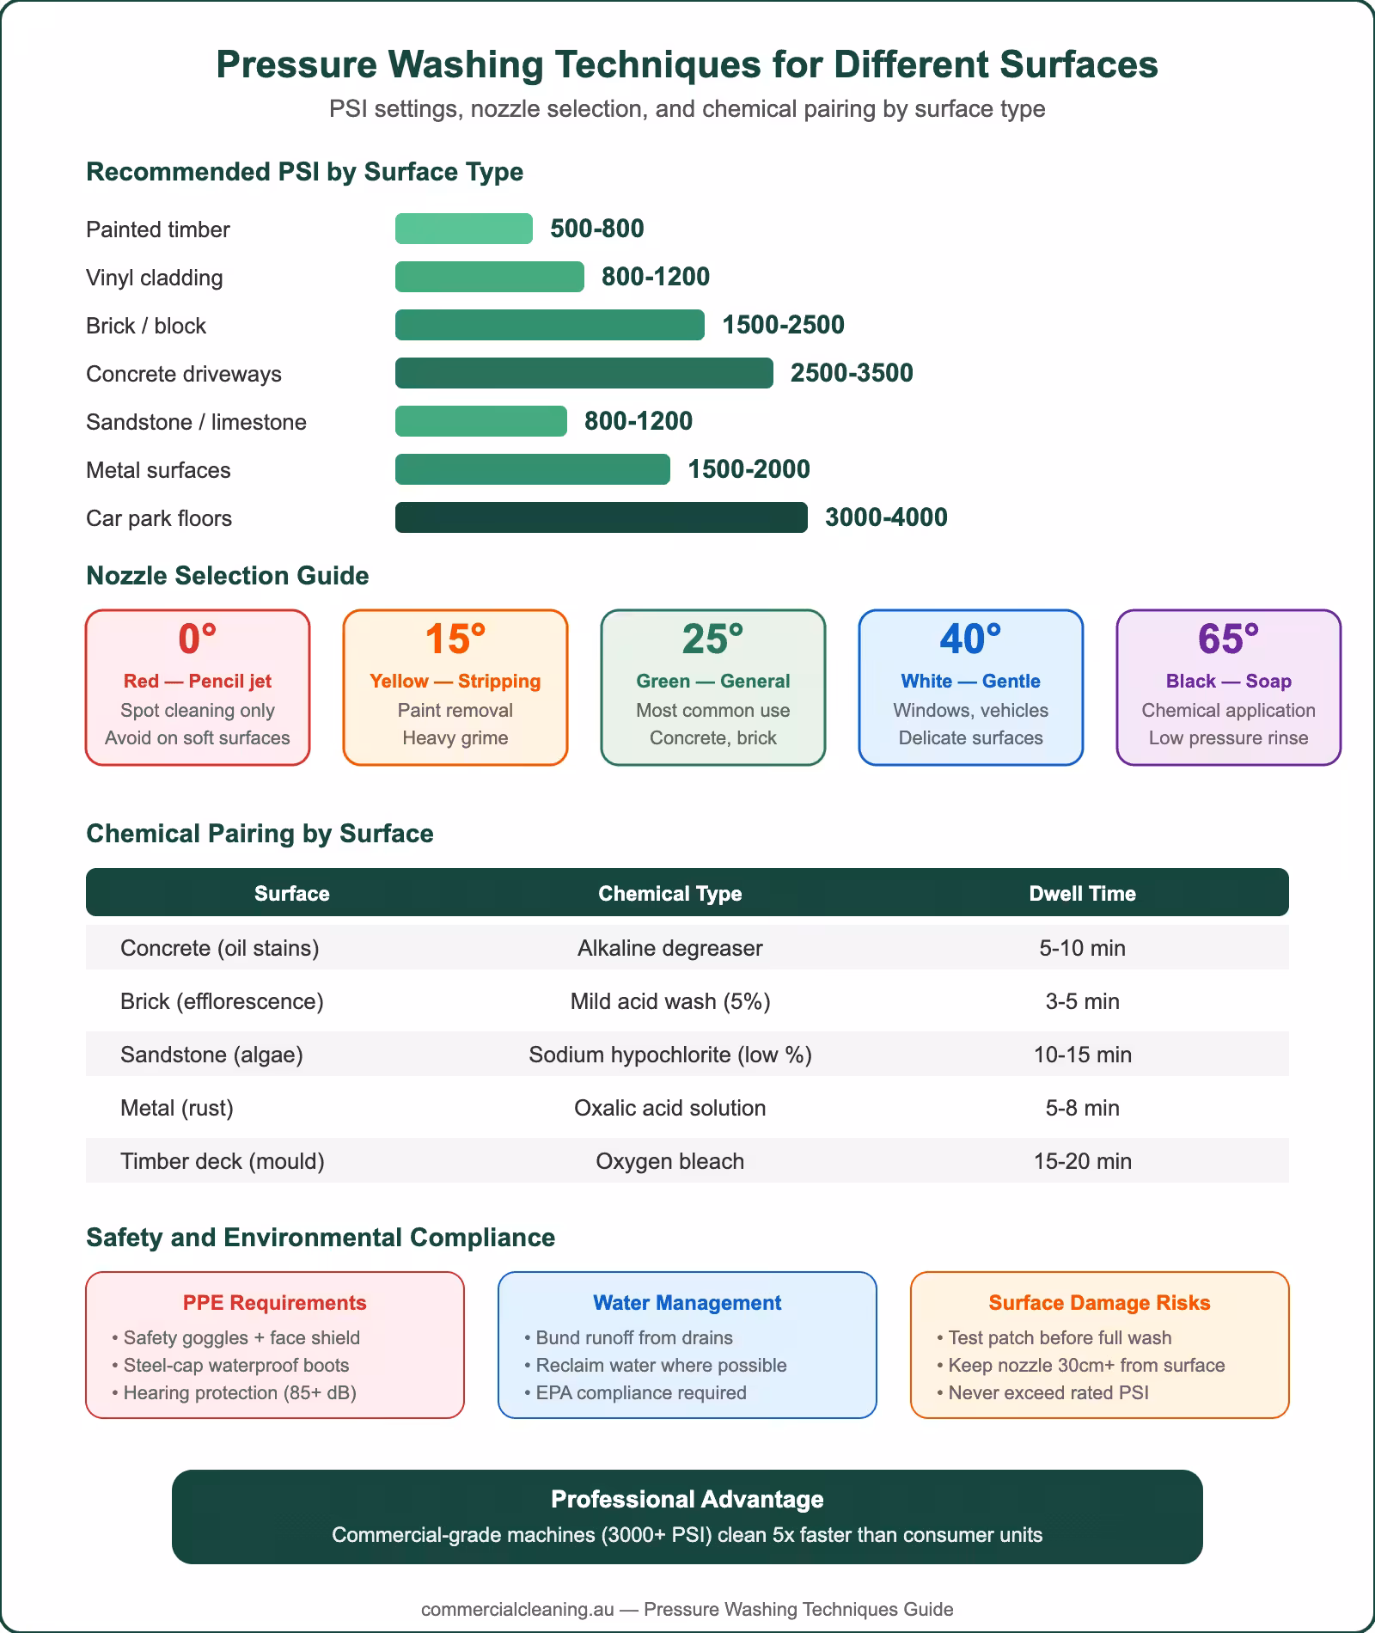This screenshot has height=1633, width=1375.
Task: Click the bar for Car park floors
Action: coord(601,517)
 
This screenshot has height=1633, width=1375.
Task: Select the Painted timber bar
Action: coord(463,229)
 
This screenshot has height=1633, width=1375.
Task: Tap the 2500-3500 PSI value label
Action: coord(851,373)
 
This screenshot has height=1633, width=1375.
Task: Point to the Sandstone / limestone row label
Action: coord(196,422)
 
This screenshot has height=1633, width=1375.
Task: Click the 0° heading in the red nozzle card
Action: coord(197,639)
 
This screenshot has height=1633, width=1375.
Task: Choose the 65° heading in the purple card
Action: coord(1228,639)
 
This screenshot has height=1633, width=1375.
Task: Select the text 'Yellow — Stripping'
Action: coord(455,681)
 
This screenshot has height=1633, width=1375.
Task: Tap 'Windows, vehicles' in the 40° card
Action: coord(970,710)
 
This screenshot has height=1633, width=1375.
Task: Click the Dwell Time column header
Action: coord(1082,893)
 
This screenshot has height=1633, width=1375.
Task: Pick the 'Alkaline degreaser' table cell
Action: coord(669,948)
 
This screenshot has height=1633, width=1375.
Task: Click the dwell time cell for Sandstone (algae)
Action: coord(1082,1055)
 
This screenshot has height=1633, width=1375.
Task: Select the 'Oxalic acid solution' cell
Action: coord(669,1108)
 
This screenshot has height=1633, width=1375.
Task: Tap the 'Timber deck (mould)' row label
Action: coord(222,1161)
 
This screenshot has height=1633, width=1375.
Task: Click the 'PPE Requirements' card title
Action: coord(274,1302)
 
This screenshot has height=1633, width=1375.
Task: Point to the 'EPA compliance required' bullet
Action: coord(640,1392)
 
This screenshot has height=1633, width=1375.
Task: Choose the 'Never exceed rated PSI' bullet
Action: coord(1048,1392)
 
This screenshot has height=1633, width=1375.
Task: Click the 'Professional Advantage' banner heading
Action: coord(687,1499)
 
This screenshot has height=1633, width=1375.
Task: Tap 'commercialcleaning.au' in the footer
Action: coord(516,1609)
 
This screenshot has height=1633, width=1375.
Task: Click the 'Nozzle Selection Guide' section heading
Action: coord(227,575)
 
